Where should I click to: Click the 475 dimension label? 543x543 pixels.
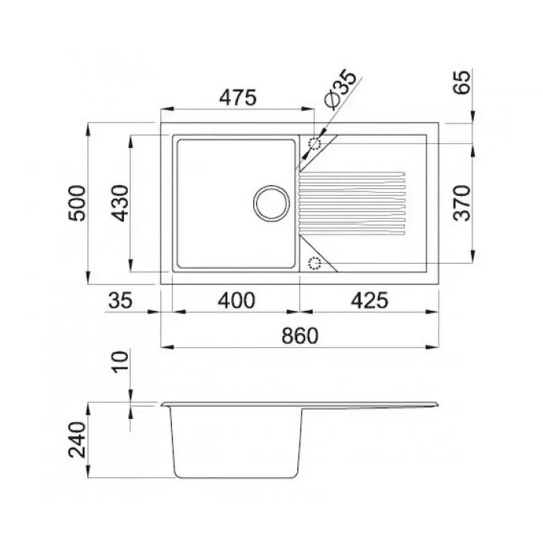click(x=238, y=97)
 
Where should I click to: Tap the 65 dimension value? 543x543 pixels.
click(x=462, y=82)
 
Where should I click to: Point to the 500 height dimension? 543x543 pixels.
click(x=77, y=203)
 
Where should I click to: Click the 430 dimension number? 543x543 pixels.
click(x=119, y=203)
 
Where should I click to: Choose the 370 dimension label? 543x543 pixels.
click(x=462, y=203)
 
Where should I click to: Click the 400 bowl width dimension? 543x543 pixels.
click(x=236, y=300)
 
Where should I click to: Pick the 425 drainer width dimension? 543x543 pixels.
click(x=369, y=300)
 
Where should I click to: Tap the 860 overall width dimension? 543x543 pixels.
click(x=299, y=335)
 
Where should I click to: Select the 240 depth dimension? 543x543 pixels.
click(x=77, y=440)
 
